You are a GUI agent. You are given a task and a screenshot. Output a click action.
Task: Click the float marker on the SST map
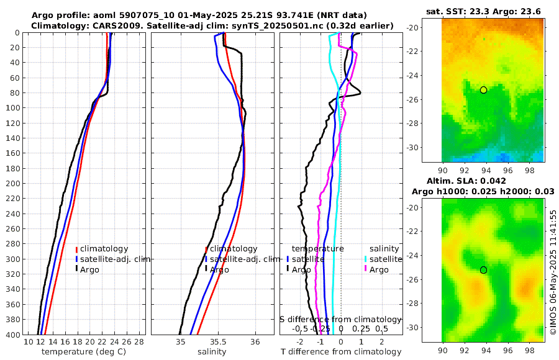pyautogui.click(x=483, y=90)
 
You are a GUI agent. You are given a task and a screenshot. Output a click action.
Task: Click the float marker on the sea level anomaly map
pyautogui.click(x=483, y=270)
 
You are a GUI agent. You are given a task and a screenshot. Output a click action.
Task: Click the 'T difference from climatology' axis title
pyautogui.click(x=340, y=352)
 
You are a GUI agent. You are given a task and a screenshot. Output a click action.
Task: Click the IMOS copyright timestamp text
pyautogui.click(x=553, y=271)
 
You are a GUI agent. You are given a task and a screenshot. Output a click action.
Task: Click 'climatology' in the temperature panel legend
pyautogui.click(x=104, y=249)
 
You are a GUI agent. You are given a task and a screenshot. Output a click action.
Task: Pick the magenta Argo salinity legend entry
pyautogui.click(x=379, y=269)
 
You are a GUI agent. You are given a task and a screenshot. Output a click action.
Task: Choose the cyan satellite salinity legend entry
pyautogui.click(x=384, y=259)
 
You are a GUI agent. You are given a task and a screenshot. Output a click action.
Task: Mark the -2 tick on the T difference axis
pyautogui.click(x=300, y=342)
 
